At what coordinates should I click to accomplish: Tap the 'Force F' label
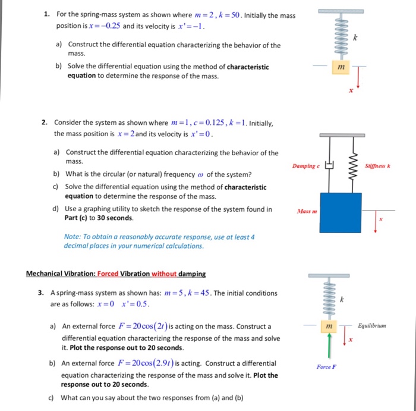pos(326,367)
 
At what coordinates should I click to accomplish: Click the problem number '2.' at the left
pos(45,123)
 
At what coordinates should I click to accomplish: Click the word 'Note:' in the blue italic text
pos(73,236)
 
